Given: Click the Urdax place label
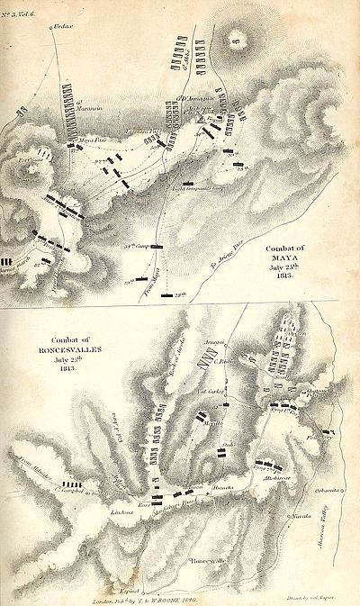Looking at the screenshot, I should click(x=59, y=19).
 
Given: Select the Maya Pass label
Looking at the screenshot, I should click(x=89, y=140).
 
